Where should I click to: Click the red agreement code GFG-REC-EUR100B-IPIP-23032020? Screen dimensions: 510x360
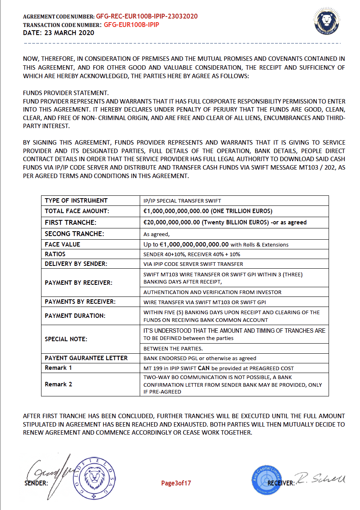tap(147, 17)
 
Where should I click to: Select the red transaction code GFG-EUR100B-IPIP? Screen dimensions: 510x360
tap(132, 25)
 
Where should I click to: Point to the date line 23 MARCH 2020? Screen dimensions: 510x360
tap(58, 33)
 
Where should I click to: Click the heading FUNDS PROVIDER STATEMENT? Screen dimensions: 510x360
tap(66, 93)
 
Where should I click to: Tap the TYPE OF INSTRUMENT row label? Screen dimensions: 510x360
tap(76, 201)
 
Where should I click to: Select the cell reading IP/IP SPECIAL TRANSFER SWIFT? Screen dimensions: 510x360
tap(182, 201)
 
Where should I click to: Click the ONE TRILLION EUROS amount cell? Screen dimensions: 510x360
tap(208, 211)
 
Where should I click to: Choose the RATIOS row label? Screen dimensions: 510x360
tap(55, 254)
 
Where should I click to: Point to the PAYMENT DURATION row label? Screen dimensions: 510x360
tap(75, 316)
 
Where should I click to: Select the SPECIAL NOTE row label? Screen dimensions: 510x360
tap(66, 339)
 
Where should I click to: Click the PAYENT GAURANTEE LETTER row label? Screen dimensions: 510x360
tap(86, 358)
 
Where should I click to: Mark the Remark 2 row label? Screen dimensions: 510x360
tap(58, 384)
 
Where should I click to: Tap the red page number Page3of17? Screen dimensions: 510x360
tap(176, 483)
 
